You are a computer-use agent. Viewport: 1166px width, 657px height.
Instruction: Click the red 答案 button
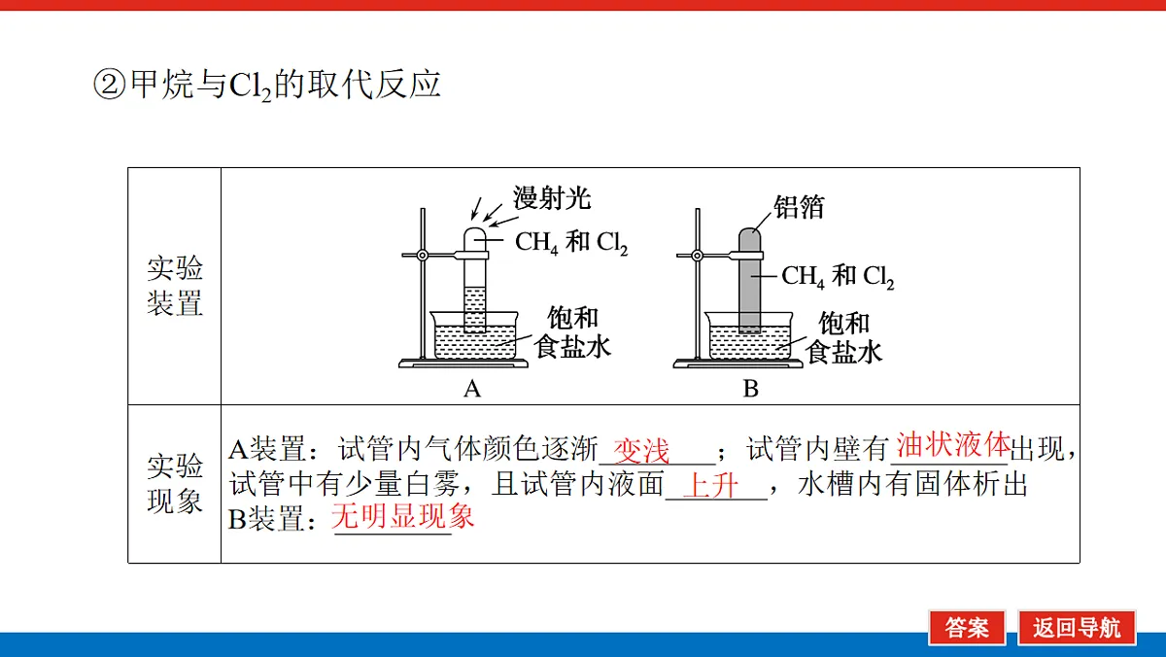(x=967, y=627)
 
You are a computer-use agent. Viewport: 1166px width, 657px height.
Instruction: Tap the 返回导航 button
(x=1077, y=627)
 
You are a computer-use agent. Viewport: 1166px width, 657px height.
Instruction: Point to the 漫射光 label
(x=552, y=198)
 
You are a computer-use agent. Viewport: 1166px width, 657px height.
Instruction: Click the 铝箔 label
(x=799, y=207)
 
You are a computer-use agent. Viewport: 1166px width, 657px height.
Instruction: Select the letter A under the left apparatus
(x=472, y=389)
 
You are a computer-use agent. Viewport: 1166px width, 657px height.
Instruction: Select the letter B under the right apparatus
(x=750, y=389)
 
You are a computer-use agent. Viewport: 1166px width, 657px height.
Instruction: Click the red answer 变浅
(x=640, y=450)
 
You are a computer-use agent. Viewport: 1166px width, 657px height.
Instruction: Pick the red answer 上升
(x=710, y=486)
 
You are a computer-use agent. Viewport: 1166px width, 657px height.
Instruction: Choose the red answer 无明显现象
(x=402, y=516)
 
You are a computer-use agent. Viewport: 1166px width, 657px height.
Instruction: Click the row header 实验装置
(x=174, y=286)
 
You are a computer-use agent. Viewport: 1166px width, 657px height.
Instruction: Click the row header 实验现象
(x=174, y=484)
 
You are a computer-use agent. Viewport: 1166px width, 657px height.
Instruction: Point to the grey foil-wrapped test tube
(x=749, y=280)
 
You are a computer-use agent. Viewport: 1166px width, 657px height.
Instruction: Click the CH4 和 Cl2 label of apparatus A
(x=571, y=243)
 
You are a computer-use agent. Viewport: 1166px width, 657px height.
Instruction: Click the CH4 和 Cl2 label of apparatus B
(x=838, y=276)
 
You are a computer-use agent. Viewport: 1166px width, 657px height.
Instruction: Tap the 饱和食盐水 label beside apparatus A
(x=572, y=332)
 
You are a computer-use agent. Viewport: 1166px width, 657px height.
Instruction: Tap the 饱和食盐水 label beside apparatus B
(x=843, y=337)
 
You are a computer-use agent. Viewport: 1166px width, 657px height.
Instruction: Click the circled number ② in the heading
(x=109, y=85)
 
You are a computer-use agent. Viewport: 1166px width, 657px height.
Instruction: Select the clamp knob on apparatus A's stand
(x=423, y=255)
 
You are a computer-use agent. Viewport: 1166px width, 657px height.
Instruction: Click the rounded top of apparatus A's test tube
(x=475, y=229)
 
